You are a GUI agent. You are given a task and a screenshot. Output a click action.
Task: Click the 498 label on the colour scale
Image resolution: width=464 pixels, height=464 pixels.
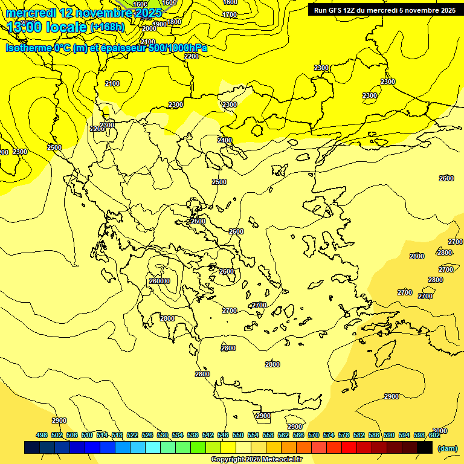(42, 435)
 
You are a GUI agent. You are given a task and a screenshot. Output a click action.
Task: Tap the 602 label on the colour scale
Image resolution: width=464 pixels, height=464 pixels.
(434, 435)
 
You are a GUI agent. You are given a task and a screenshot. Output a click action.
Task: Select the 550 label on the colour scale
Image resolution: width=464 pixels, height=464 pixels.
(238, 435)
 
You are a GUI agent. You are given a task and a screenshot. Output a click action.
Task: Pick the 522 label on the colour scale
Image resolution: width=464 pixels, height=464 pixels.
(132, 435)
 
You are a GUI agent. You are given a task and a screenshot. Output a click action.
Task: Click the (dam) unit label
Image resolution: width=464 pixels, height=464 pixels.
(447, 448)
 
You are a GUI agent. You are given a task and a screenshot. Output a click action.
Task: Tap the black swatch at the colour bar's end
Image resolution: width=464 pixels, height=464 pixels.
(425, 447)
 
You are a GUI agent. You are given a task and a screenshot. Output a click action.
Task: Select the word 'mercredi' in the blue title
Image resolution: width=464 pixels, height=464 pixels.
(29, 13)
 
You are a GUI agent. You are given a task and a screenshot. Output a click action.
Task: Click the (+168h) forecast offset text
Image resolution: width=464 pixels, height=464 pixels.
(107, 27)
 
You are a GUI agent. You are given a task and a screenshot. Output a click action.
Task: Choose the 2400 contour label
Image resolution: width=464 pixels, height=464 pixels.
(225, 140)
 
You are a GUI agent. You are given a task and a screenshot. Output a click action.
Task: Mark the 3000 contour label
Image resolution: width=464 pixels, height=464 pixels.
(440, 431)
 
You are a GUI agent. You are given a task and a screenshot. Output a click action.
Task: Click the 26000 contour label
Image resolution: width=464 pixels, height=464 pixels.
(159, 281)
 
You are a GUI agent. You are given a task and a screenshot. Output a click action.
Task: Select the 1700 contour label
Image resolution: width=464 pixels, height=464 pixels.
(230, 14)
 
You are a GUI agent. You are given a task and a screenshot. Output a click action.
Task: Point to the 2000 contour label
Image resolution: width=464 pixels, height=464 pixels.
(149, 28)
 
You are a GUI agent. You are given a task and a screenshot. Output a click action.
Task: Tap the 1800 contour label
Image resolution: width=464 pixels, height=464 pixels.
(174, 22)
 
